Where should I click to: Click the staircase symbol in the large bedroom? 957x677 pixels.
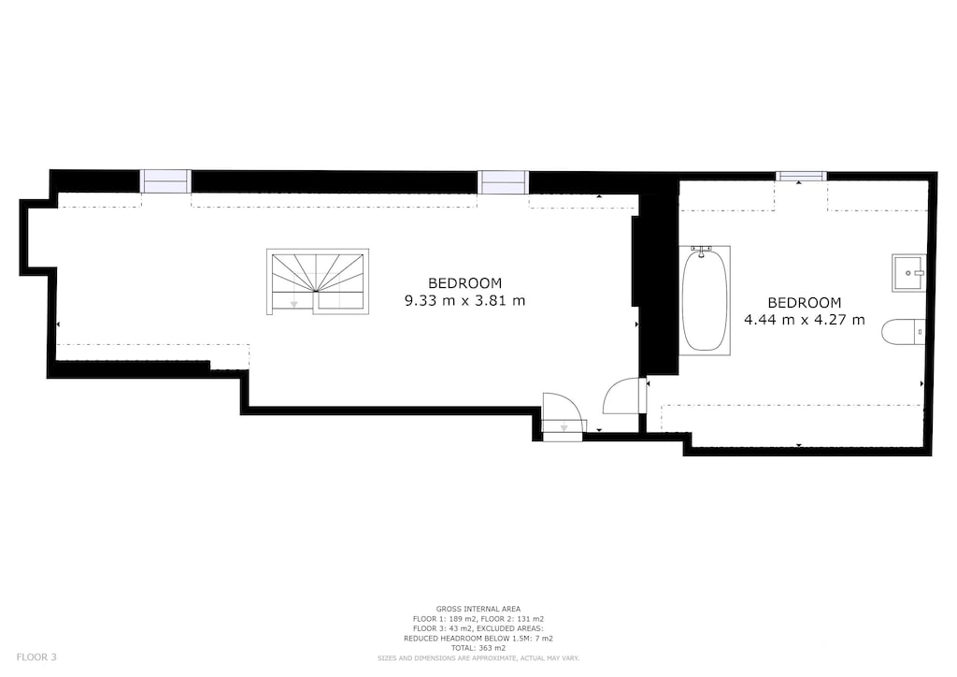click(x=318, y=281)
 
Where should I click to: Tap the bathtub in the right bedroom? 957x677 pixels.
click(x=705, y=299)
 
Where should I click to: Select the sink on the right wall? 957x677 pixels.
click(x=907, y=272)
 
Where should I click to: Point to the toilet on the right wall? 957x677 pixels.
click(x=903, y=331)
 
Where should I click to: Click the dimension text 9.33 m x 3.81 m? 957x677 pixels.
click(x=464, y=301)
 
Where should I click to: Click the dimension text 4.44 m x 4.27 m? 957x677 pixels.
click(x=804, y=320)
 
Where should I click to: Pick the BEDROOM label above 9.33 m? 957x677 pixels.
click(x=464, y=282)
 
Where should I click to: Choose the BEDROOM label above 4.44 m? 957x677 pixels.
click(x=804, y=302)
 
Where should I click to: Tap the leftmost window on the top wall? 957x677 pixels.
click(x=165, y=181)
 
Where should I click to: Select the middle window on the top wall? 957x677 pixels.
click(x=503, y=182)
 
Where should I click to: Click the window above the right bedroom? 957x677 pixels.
click(x=801, y=176)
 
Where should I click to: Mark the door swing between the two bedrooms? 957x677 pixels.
click(x=624, y=396)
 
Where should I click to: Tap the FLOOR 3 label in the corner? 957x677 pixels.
click(x=36, y=657)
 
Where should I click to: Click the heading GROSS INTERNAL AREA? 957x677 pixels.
click(x=478, y=609)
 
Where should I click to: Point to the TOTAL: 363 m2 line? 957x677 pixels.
click(x=478, y=648)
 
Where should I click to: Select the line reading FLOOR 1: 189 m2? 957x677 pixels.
click(x=444, y=619)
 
